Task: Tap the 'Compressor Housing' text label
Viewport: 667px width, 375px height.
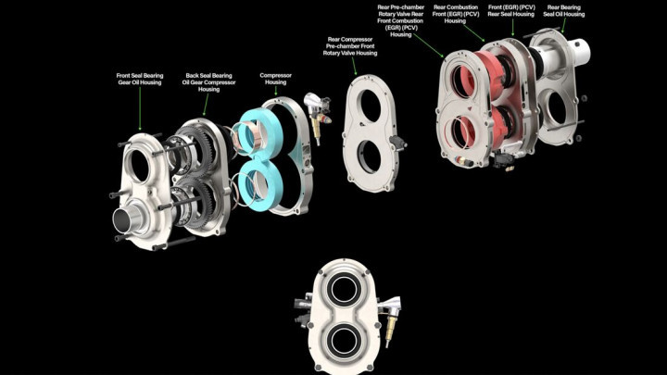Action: (275, 79)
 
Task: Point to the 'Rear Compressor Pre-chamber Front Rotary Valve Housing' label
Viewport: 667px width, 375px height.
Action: (351, 46)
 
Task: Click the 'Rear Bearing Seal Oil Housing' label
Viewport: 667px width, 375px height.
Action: (565, 12)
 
